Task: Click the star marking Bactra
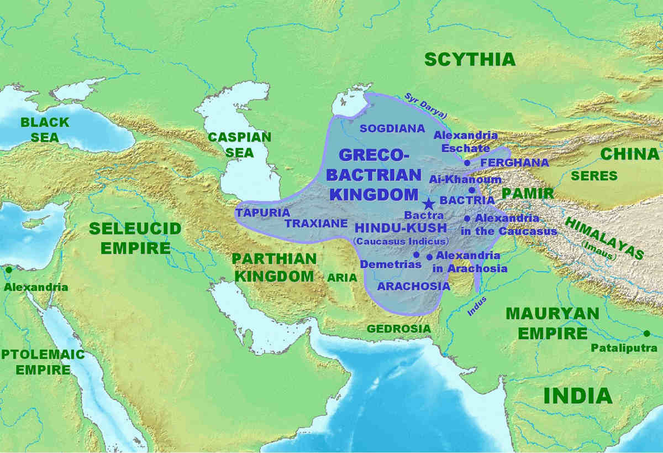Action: (428, 204)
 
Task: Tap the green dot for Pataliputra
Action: (646, 333)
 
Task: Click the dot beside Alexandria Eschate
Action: (467, 163)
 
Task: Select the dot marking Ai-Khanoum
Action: (471, 190)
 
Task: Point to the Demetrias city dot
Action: (416, 255)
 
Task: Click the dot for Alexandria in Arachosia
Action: (429, 257)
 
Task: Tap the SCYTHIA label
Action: (469, 59)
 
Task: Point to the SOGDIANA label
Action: (392, 129)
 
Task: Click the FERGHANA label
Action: (514, 163)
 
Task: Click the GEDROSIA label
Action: (399, 329)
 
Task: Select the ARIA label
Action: (342, 278)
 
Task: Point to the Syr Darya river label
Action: (425, 105)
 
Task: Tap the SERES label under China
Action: (594, 176)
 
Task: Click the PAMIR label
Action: (528, 194)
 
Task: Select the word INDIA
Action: (578, 395)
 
